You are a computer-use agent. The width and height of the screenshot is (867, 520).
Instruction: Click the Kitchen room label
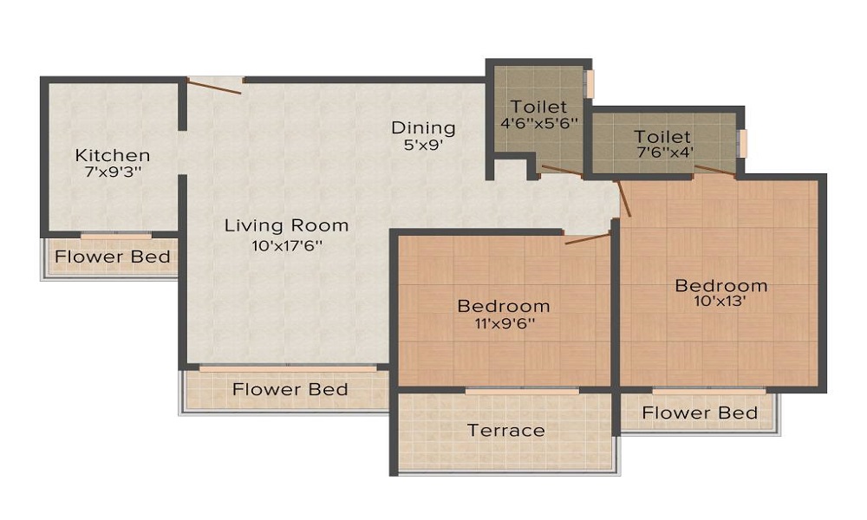coord(113,156)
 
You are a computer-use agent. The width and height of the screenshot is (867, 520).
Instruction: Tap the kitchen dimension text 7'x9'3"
coord(113,172)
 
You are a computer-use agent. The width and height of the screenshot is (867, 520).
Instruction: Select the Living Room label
coord(286,225)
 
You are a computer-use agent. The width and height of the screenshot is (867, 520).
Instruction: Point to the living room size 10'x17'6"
coord(286,245)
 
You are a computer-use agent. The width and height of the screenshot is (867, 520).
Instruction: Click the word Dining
coord(423,128)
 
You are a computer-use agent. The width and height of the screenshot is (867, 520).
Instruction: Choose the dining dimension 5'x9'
coord(423,146)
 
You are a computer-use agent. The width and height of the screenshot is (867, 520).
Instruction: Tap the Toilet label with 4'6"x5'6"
coord(538,107)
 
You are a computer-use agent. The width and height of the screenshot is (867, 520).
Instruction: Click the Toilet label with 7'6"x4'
coord(662,137)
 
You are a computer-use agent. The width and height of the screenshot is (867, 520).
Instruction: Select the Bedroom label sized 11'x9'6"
coord(504,306)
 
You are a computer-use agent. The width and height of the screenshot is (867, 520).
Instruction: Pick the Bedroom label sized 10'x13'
coord(721,285)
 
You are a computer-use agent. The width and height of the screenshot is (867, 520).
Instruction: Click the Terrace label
coord(506,430)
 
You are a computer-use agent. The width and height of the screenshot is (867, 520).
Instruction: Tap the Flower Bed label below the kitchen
coord(113,257)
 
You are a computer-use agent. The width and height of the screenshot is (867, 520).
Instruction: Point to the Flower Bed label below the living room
coord(290,389)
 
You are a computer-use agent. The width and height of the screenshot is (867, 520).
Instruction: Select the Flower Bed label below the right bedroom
coord(700,413)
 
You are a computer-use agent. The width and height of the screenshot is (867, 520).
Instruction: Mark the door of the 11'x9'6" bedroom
coord(587,238)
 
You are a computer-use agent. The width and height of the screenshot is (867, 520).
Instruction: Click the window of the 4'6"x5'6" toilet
coord(590,84)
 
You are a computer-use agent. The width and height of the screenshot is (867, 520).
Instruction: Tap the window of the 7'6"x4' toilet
coord(742,143)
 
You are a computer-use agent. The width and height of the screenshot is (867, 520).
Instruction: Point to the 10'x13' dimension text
coord(721,302)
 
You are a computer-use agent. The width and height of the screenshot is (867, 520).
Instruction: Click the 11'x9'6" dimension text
coord(504,324)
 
